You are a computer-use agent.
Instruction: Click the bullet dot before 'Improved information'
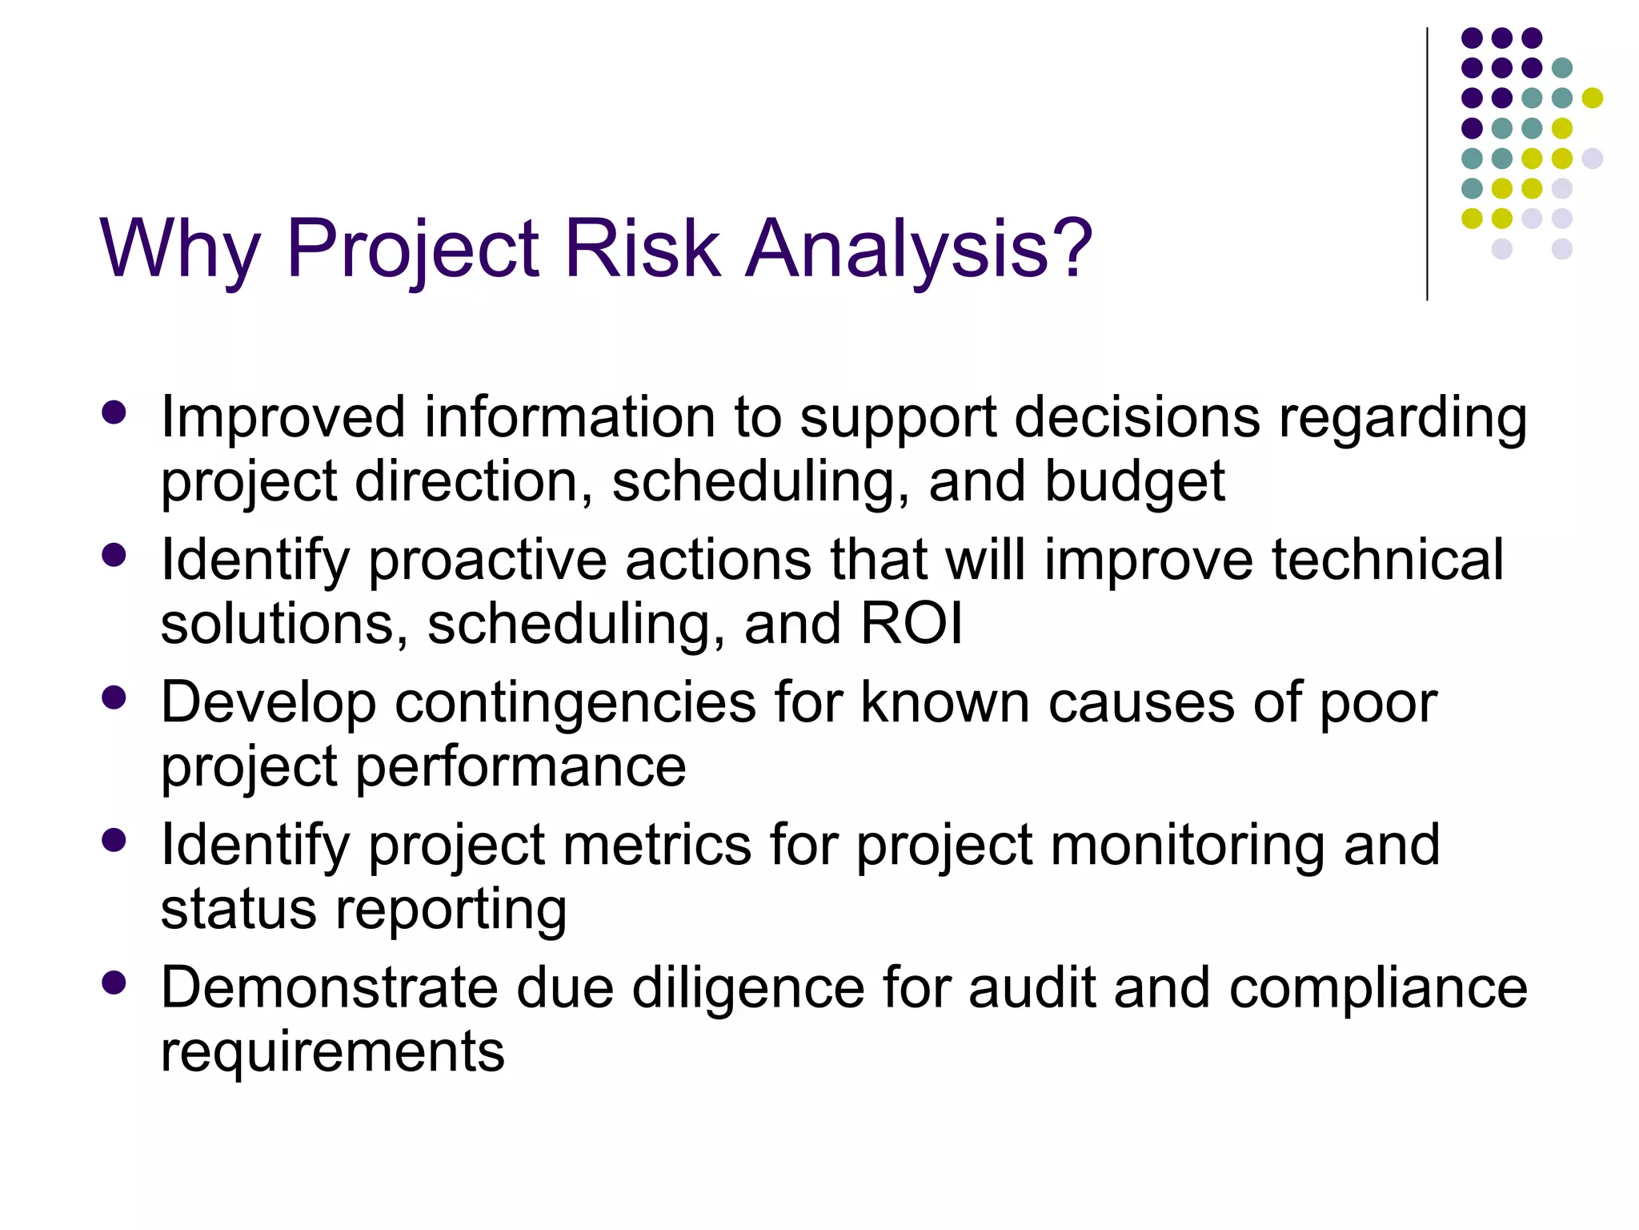(114, 413)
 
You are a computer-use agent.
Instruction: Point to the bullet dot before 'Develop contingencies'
(114, 698)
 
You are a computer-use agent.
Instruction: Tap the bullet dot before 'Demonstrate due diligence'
(114, 983)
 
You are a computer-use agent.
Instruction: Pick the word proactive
(487, 560)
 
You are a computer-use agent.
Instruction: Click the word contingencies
(575, 703)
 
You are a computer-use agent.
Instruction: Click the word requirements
(332, 1052)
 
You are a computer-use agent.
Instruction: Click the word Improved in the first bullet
(283, 418)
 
